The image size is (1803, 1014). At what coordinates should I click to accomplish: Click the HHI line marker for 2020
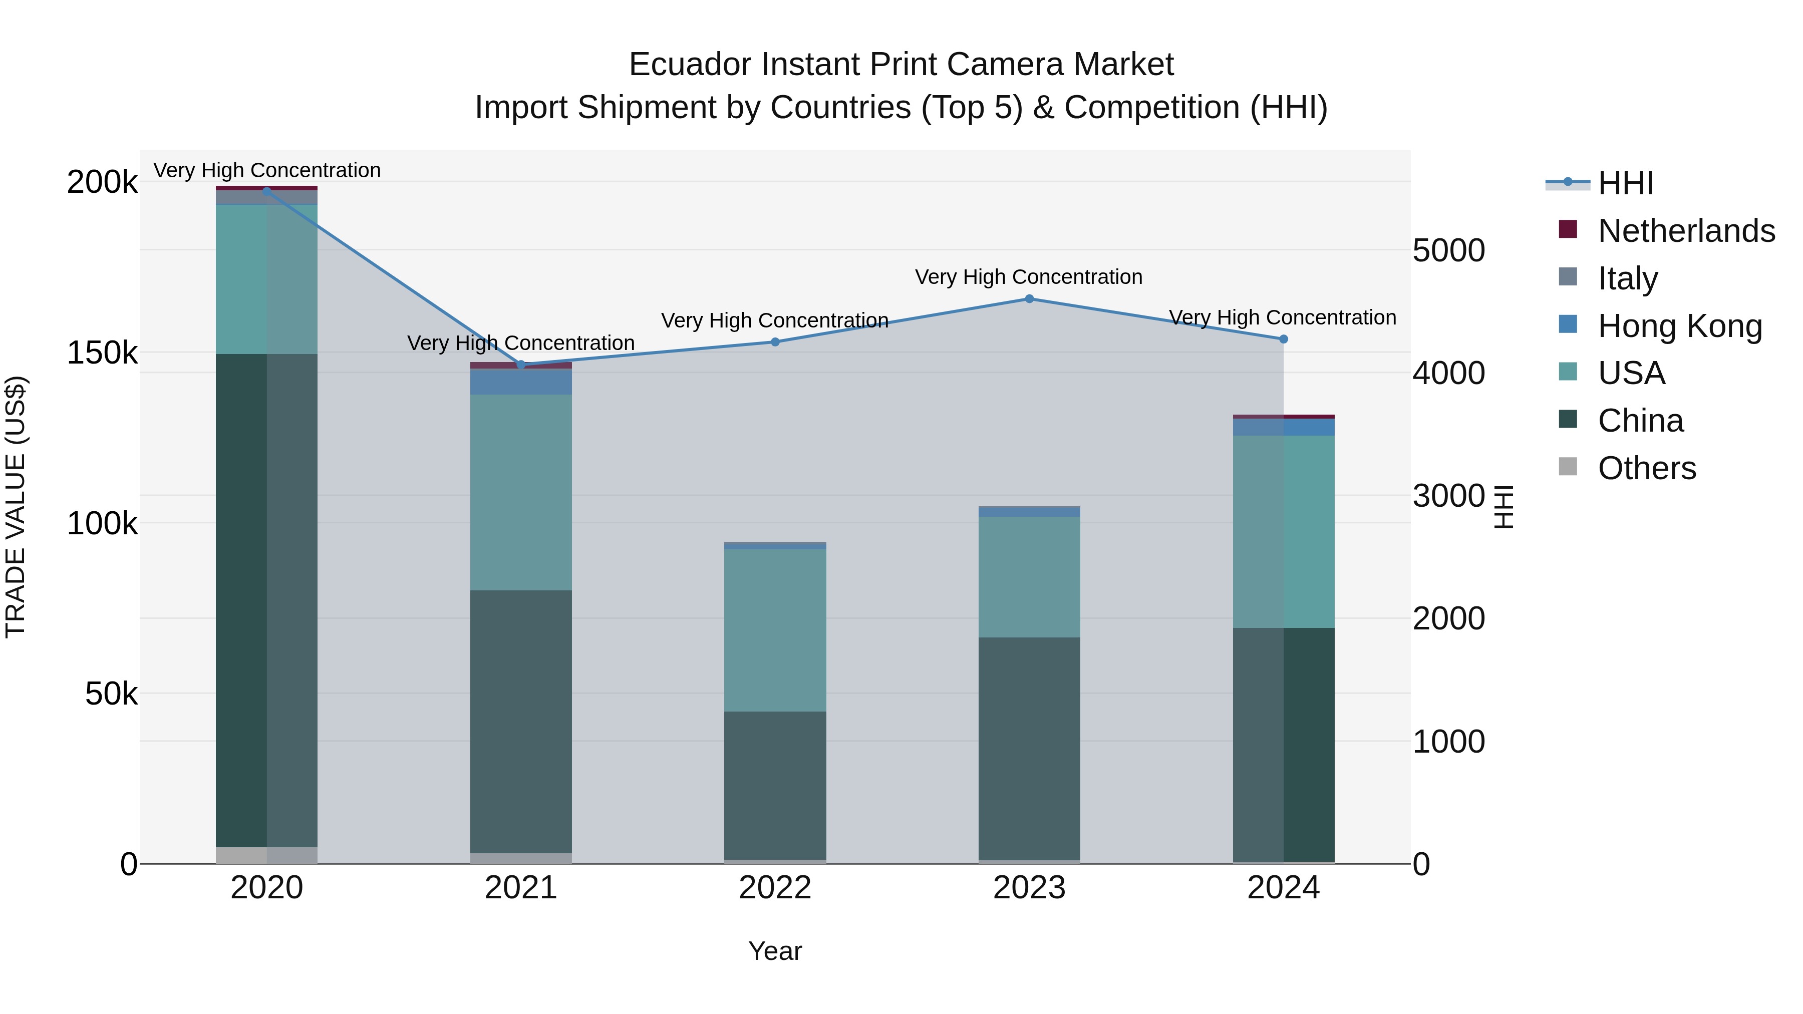pyautogui.click(x=266, y=191)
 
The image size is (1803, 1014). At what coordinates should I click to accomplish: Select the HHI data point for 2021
pyautogui.click(x=521, y=365)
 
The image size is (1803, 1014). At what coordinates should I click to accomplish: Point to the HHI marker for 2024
pyautogui.click(x=1284, y=340)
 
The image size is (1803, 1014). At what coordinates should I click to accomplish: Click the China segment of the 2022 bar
pyautogui.click(x=775, y=785)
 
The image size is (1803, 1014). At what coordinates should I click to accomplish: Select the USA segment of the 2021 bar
pyautogui.click(x=521, y=492)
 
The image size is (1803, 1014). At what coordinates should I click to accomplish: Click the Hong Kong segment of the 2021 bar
pyautogui.click(x=521, y=382)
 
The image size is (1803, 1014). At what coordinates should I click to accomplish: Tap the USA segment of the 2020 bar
pyautogui.click(x=266, y=279)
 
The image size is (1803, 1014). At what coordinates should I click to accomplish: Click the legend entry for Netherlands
pyautogui.click(x=1685, y=231)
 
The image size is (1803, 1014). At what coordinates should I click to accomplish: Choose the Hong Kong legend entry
pyautogui.click(x=1679, y=326)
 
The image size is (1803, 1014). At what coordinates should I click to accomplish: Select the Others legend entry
pyautogui.click(x=1646, y=468)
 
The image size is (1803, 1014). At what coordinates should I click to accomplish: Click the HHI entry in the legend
pyautogui.click(x=1625, y=183)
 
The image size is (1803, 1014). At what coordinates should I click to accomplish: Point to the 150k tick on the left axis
pyautogui.click(x=102, y=353)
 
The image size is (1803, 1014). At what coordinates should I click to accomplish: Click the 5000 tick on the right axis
pyautogui.click(x=1448, y=250)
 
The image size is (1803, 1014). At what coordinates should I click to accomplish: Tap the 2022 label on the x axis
pyautogui.click(x=775, y=888)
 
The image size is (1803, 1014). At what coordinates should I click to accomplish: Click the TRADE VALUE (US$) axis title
pyautogui.click(x=16, y=507)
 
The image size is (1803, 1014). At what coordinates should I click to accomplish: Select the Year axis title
pyautogui.click(x=775, y=951)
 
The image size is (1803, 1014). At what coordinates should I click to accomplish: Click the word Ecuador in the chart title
pyautogui.click(x=690, y=65)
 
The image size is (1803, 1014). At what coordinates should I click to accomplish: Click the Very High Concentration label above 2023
pyautogui.click(x=1028, y=277)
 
